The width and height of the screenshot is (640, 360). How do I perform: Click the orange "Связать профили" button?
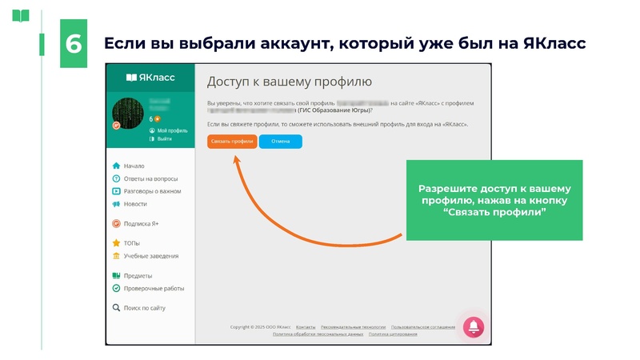click(x=232, y=142)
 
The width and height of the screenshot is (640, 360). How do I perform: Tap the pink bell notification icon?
click(x=474, y=326)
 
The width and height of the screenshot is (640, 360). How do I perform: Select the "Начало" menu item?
click(x=134, y=166)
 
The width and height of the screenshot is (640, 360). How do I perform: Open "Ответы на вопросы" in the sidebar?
click(x=150, y=178)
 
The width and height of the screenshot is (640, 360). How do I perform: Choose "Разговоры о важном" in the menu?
click(x=152, y=191)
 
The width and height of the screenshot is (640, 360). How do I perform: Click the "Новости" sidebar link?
click(x=135, y=204)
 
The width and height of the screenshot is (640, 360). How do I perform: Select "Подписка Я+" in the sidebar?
click(x=141, y=224)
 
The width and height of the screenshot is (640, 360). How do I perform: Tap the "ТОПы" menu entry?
click(x=132, y=243)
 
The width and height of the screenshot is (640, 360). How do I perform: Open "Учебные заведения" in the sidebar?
click(x=150, y=256)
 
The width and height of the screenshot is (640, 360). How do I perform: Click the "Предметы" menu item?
click(x=138, y=276)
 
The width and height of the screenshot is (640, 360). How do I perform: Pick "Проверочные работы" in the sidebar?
click(x=154, y=288)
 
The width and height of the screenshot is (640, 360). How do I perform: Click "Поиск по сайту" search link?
click(x=144, y=308)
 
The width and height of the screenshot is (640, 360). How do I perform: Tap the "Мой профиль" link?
click(x=172, y=130)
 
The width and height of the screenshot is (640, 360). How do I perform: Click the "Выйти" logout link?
click(x=164, y=138)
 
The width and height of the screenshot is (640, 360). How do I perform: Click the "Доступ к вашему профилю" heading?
click(x=290, y=82)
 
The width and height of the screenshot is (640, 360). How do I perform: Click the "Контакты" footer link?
click(x=306, y=327)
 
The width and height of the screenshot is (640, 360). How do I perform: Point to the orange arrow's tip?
click(x=235, y=155)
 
